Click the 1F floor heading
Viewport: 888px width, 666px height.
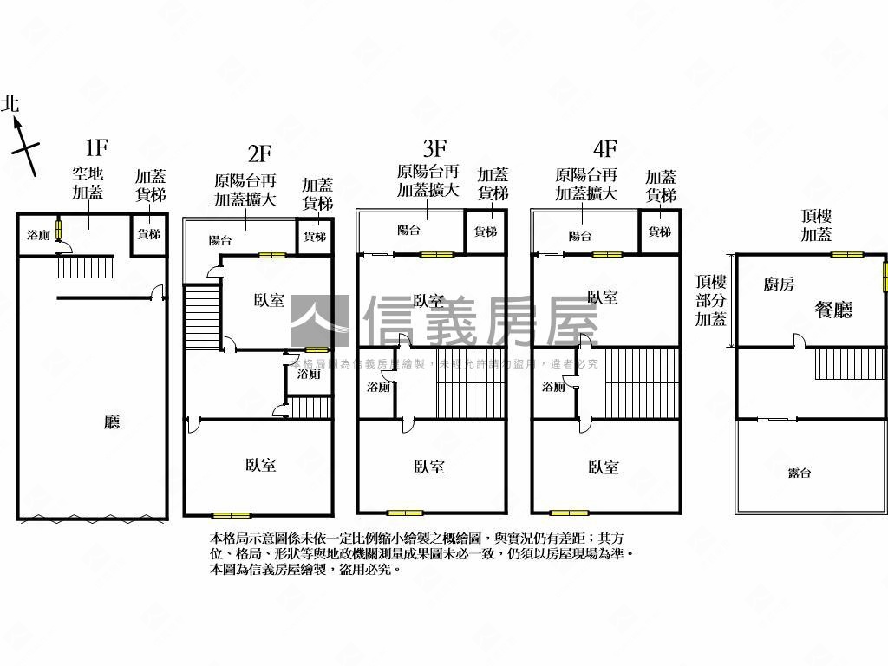coord(96,147)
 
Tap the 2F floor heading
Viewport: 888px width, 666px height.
coord(260,154)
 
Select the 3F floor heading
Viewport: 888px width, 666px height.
coord(434,147)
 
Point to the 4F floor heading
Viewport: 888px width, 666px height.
coord(604,147)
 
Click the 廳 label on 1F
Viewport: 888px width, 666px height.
coord(112,422)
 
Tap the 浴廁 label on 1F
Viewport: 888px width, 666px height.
coord(38,235)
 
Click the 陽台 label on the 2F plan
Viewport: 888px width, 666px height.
coord(220,240)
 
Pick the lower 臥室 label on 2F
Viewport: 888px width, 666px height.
coord(260,466)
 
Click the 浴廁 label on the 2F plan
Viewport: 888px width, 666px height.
coord(309,375)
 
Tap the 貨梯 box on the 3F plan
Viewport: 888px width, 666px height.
coord(486,232)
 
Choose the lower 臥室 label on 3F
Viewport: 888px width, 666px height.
coord(429,467)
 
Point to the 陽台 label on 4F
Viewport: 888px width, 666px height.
coord(580,236)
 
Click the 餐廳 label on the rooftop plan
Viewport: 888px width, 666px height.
coord(833,310)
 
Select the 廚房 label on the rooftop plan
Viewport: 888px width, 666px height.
coord(779,284)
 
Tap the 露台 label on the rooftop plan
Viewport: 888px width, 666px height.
coord(800,473)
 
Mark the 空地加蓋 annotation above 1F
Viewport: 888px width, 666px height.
coord(88,183)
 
